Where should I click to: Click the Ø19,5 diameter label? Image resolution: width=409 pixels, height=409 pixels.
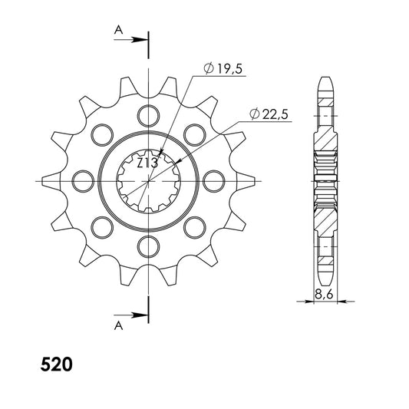click(223, 68)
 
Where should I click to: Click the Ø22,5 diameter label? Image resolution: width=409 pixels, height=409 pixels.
click(269, 114)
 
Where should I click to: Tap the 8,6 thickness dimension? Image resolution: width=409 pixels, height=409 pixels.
click(324, 295)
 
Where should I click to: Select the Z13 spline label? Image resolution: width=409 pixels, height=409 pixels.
click(147, 163)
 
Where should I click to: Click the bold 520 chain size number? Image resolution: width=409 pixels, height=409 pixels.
click(56, 364)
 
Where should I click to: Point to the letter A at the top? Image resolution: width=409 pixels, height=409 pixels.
click(118, 30)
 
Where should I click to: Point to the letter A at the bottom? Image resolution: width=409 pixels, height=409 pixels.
click(118, 325)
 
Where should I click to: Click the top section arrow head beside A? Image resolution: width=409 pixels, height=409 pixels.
click(140, 40)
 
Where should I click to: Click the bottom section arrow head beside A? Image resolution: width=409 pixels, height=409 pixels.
click(140, 315)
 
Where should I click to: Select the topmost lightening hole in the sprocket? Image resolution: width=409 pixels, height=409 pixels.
click(148, 116)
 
